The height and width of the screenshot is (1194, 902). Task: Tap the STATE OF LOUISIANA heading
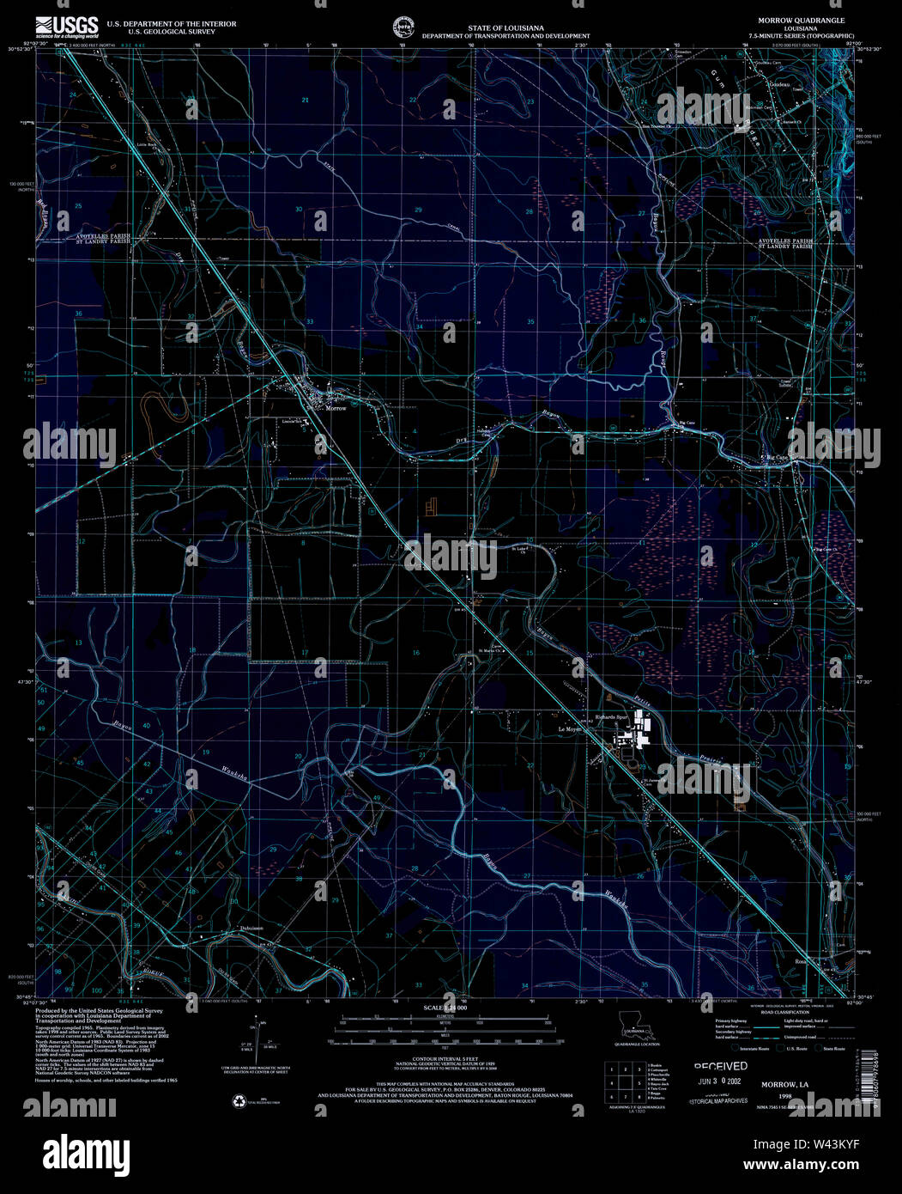[505, 28]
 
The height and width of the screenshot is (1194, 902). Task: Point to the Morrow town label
[336, 408]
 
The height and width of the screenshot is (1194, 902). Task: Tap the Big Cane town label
[776, 458]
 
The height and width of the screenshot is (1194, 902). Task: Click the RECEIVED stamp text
[720, 1066]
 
